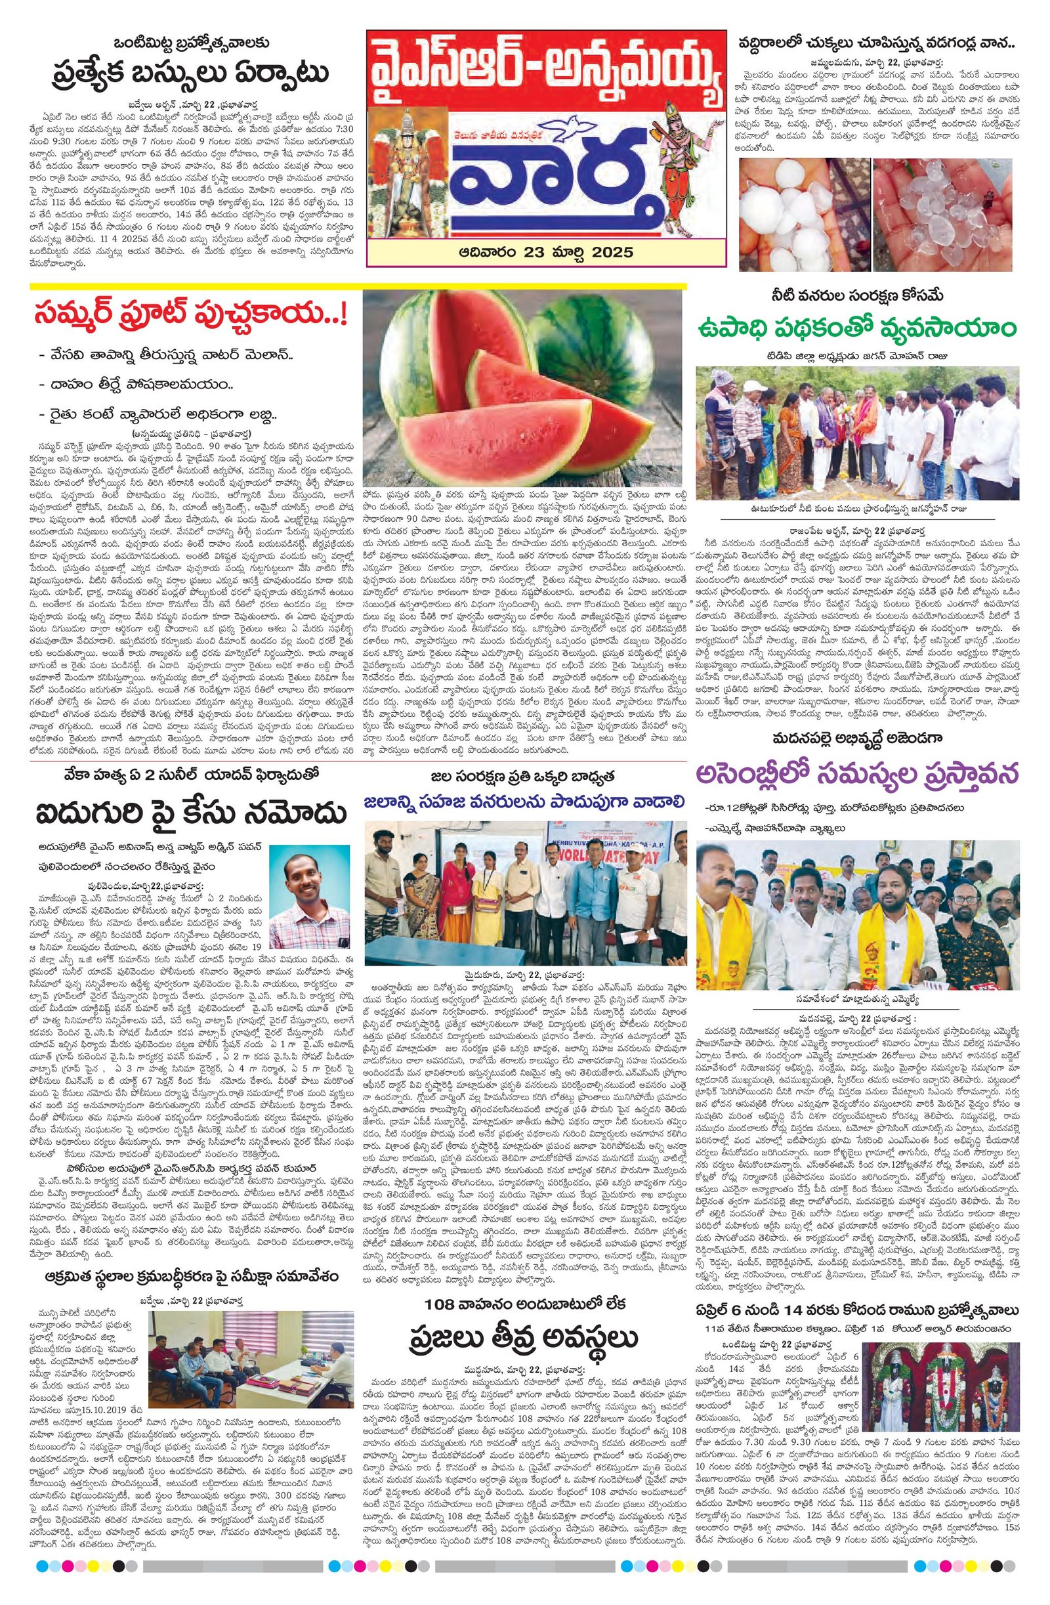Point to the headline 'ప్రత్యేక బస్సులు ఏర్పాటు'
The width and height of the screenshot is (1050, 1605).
point(182,72)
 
